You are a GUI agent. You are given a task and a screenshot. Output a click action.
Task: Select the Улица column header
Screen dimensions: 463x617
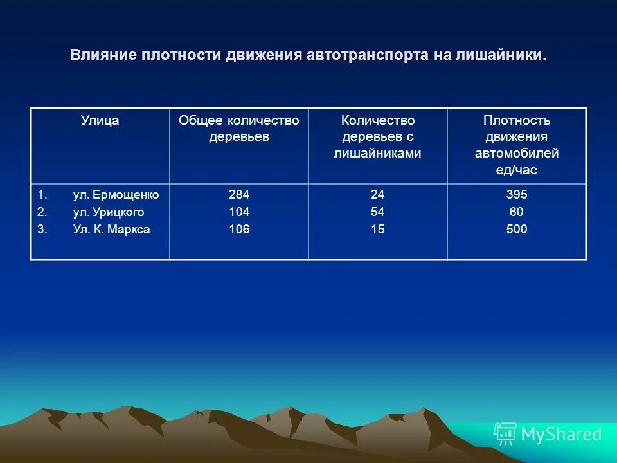point(100,120)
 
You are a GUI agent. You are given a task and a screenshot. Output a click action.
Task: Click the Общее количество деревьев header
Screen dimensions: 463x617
point(238,129)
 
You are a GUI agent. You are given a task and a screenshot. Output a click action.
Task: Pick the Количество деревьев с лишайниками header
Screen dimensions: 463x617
point(377,136)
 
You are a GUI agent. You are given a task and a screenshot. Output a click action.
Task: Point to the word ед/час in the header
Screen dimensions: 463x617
point(516,170)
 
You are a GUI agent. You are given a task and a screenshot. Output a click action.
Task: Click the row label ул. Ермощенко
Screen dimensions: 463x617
point(116,195)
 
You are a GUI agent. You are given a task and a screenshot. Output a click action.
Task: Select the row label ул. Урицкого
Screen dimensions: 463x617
point(109,212)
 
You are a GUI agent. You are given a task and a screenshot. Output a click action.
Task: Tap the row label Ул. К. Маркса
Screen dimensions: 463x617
point(111,230)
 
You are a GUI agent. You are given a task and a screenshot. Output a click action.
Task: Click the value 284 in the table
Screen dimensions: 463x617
point(238,195)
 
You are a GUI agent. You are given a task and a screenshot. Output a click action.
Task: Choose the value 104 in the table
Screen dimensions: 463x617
point(238,212)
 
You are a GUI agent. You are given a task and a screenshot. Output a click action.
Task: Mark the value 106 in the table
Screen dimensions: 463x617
point(238,230)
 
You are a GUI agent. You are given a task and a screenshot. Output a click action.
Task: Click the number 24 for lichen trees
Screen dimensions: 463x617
point(377,195)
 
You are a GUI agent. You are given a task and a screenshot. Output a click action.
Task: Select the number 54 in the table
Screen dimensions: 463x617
point(377,212)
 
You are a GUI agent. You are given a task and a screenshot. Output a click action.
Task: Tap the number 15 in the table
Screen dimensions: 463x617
point(377,230)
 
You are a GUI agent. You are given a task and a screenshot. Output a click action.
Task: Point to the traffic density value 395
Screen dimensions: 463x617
point(516,195)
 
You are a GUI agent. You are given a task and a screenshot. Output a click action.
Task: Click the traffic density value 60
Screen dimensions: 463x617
point(516,212)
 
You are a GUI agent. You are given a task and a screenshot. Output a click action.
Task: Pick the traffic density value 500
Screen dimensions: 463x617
point(516,230)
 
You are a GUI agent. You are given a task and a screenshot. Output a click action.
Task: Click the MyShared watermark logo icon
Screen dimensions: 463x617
point(505,434)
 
